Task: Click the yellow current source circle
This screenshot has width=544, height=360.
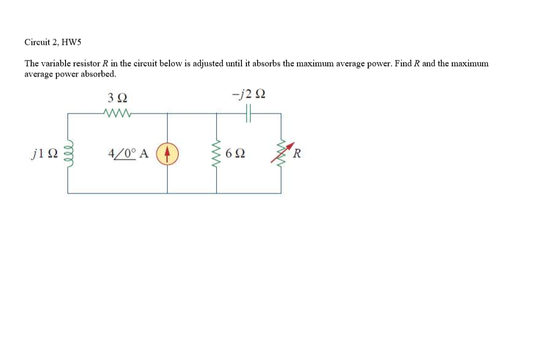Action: [x=168, y=153]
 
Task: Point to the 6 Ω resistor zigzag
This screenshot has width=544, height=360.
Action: [x=216, y=153]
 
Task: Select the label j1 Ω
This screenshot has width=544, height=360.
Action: [x=44, y=153]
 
